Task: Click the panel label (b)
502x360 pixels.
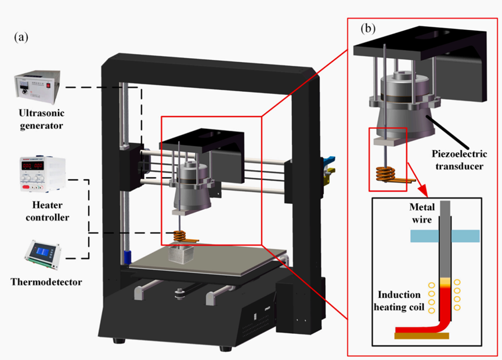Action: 369,27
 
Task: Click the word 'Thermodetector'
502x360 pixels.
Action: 46,282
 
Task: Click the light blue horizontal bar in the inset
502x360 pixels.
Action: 444,235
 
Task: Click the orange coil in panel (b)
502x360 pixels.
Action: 385,173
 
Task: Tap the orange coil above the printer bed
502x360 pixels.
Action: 183,236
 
